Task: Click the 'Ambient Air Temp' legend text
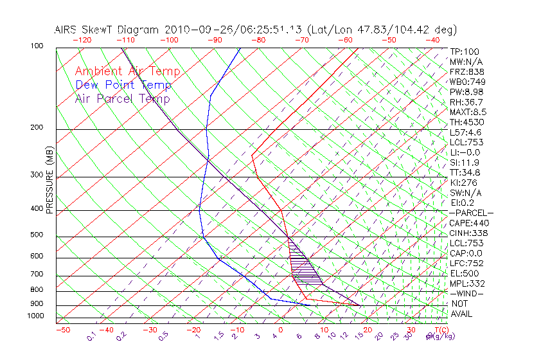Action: (x=127, y=71)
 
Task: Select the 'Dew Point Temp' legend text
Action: (x=123, y=85)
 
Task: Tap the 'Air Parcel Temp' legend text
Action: (x=122, y=98)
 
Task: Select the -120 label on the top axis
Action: (x=82, y=40)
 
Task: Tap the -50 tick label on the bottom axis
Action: (x=62, y=330)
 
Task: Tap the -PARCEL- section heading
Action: (x=471, y=213)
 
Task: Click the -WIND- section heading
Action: (x=466, y=293)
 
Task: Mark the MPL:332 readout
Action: (x=467, y=283)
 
